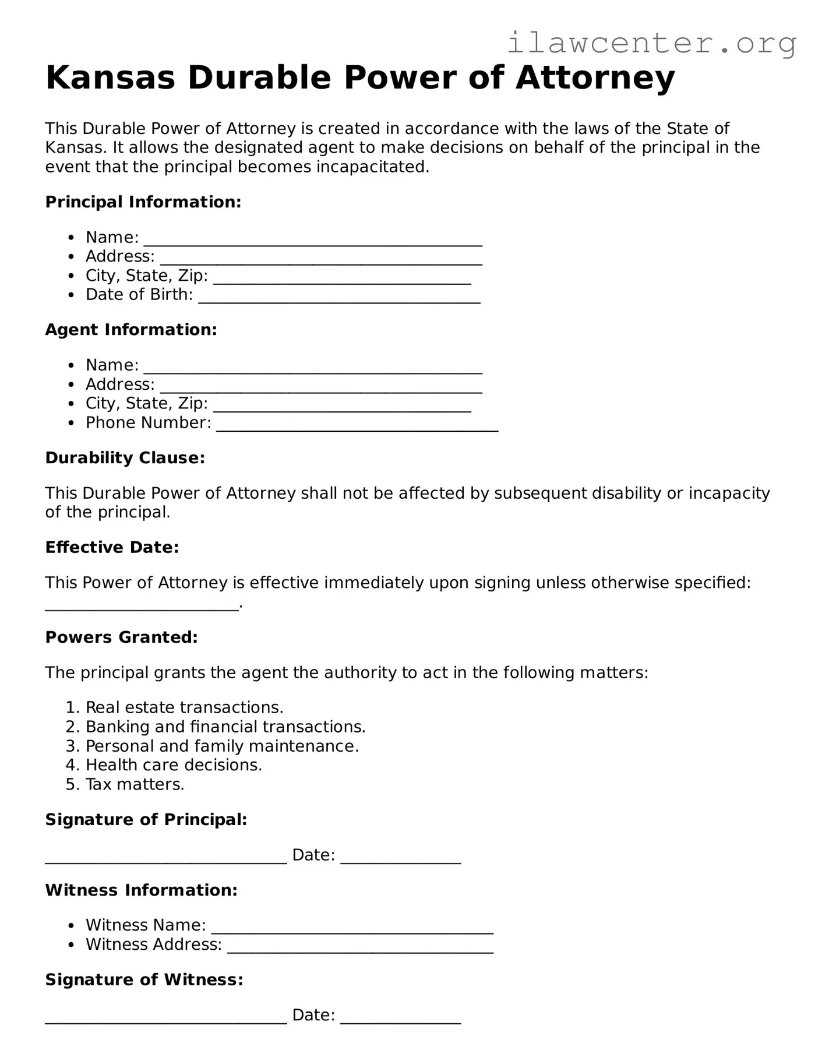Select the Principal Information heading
pos(143,202)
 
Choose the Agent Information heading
pos(131,330)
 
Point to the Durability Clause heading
pos(125,458)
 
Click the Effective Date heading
pos(112,548)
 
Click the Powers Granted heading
pos(121,637)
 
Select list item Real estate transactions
pos(184,707)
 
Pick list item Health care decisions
pos(174,765)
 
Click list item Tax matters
pos(135,784)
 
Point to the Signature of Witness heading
pos(144,980)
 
